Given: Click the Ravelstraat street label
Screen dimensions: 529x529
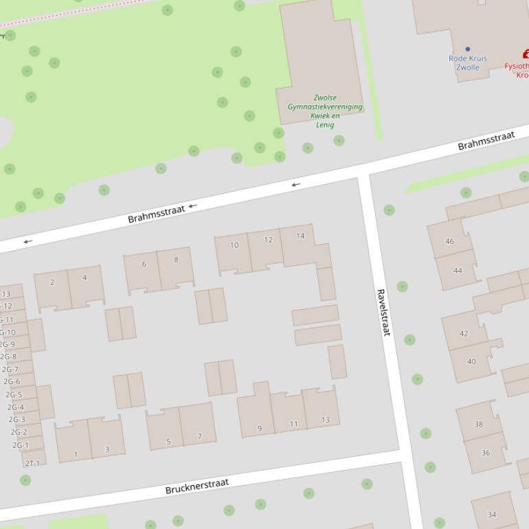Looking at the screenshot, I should click(383, 312).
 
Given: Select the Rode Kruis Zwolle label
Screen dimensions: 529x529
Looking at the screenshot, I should click(468, 63).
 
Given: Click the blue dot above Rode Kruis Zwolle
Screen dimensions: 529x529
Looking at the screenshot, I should click(468, 49).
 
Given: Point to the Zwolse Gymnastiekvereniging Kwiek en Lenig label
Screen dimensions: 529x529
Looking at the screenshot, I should click(325, 111).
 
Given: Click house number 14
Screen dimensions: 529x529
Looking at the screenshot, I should click(300, 236).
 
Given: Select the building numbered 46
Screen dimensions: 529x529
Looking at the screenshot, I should click(449, 241).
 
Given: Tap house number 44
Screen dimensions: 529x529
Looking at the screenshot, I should click(458, 271).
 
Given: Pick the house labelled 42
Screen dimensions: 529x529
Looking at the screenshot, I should click(464, 334).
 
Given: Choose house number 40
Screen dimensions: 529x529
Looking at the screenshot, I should click(471, 361).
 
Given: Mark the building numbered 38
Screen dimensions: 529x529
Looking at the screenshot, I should click(479, 424).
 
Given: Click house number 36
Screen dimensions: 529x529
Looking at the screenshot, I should click(486, 453).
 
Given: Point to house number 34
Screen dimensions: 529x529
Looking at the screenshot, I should click(492, 515).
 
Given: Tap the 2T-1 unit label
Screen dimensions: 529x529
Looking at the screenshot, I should click(32, 463).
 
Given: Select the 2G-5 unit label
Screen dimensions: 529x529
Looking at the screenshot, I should click(14, 394).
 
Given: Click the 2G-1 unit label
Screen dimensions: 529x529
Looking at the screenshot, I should click(20, 445).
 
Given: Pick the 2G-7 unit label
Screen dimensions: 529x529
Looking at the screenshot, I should click(10, 370).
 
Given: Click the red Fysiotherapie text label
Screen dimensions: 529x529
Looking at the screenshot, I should click(517, 67).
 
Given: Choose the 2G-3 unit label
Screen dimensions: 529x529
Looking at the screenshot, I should click(16, 420).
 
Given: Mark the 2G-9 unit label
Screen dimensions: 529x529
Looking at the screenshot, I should click(7, 344).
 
